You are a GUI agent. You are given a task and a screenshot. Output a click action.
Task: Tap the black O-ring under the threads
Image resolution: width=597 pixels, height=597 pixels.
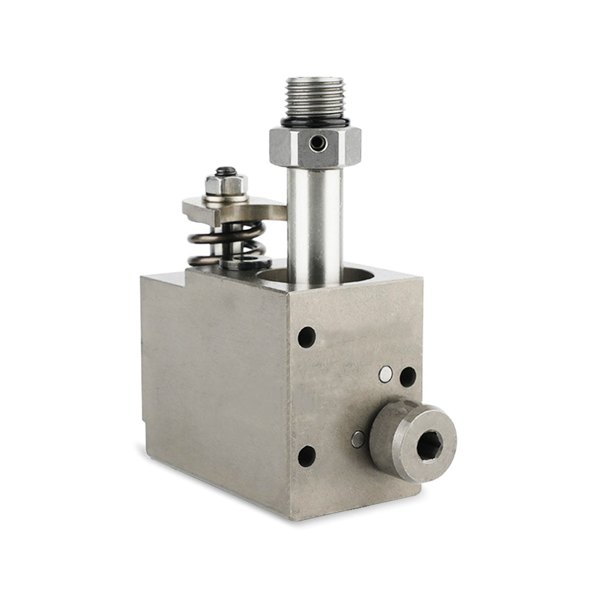314,120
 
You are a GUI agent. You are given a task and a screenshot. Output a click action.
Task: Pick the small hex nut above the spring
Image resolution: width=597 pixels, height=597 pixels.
226,185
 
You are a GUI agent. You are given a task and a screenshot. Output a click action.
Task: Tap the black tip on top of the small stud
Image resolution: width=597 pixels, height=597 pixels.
226,170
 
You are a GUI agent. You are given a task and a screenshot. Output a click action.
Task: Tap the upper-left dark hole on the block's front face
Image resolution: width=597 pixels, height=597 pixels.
307,337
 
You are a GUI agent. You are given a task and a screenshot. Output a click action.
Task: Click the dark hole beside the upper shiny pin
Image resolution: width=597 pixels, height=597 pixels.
408,376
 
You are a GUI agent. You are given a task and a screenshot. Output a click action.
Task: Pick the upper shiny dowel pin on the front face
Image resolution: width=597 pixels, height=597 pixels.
385,375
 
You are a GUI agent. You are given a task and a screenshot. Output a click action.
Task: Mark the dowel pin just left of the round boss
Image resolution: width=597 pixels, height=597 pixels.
358,439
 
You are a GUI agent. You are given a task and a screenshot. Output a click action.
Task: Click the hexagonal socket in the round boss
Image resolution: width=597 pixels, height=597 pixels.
430,446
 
